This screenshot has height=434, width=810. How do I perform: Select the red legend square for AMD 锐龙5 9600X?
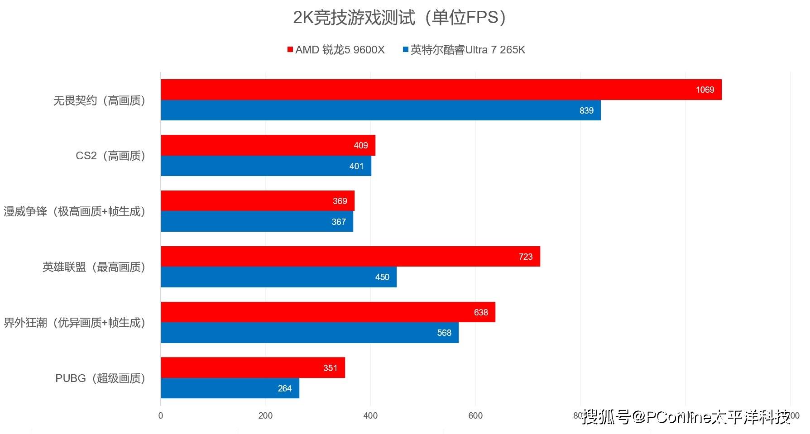point(290,50)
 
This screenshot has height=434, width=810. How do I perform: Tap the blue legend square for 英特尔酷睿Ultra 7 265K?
point(406,50)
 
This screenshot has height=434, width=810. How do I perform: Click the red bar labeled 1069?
point(441,90)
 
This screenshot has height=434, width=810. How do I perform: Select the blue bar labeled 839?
point(380,110)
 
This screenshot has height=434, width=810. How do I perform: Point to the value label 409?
point(360,145)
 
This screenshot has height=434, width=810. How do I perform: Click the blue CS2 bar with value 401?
point(266,166)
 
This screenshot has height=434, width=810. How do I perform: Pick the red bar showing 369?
point(257,201)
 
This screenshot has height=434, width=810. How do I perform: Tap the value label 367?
point(338,222)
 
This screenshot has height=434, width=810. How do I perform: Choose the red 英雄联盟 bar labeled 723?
point(350,257)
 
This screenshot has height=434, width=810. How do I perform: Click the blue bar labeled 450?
point(278,277)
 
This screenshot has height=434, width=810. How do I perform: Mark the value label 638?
point(480,312)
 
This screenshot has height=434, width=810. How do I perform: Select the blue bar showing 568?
point(310,333)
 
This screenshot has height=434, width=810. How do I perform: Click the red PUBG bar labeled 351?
point(253,367)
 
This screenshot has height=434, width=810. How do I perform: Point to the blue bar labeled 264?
point(230,388)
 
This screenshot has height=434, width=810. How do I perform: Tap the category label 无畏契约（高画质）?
point(99,100)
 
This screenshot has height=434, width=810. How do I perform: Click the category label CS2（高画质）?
point(110,156)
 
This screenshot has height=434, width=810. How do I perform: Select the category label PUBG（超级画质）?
point(100,378)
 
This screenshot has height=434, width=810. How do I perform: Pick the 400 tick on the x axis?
point(370,415)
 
